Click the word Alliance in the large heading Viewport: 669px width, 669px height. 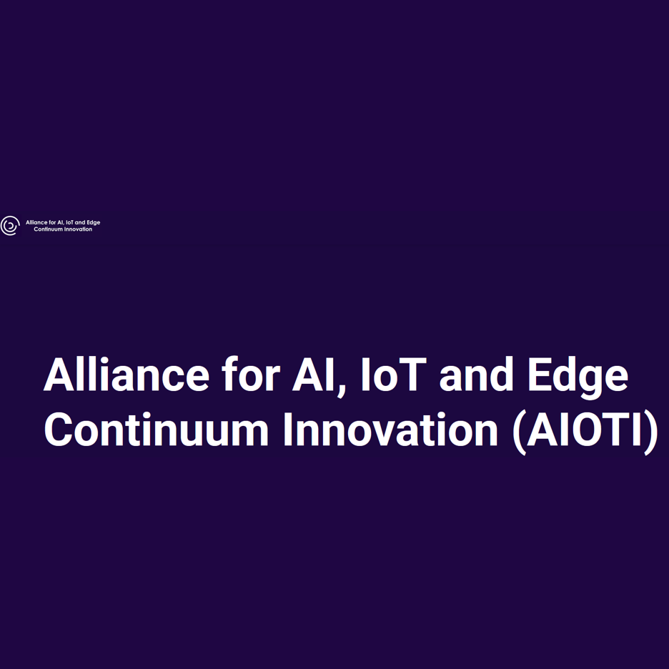[x=127, y=375]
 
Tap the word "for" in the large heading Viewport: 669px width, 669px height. [x=250, y=374]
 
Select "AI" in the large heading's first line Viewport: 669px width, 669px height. [x=314, y=375]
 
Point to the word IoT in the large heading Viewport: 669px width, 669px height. [x=394, y=375]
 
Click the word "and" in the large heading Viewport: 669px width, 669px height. [x=476, y=375]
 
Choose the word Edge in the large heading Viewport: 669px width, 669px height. [x=578, y=378]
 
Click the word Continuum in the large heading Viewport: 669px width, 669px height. [x=156, y=430]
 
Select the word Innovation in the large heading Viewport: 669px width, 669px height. [x=391, y=430]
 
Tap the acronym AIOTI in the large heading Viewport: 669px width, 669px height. [x=585, y=430]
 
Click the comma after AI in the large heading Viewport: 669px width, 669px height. [x=341, y=391]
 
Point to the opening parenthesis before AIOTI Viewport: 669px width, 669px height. [x=519, y=432]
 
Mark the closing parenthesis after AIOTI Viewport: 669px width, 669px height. [x=651, y=432]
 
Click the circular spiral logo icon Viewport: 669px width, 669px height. [x=9, y=225]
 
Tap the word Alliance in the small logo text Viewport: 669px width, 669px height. [x=36, y=222]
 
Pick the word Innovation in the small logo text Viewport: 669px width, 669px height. [x=78, y=229]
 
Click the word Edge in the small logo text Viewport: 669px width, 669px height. [x=94, y=223]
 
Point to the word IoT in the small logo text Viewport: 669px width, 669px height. [x=69, y=222]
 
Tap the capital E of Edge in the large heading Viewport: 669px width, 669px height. [x=538, y=375]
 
